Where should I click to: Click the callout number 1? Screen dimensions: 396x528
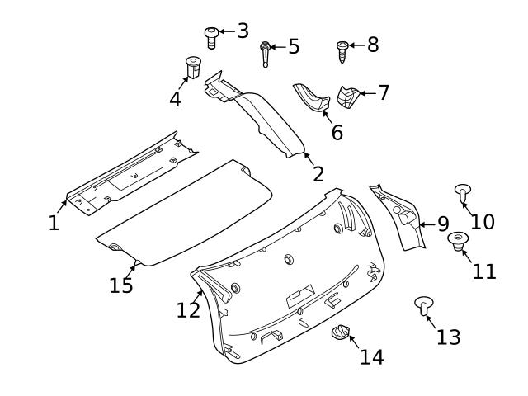click(x=54, y=223)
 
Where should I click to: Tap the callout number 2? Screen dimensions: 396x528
click(x=318, y=174)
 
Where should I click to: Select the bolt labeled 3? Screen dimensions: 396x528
click(x=211, y=36)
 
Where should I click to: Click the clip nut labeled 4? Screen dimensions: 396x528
click(x=193, y=66)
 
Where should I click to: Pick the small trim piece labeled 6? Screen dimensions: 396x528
click(x=313, y=97)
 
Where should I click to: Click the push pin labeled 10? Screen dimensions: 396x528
click(x=463, y=194)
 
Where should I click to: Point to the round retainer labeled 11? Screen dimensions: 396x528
click(x=458, y=241)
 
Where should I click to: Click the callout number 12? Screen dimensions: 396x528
click(x=188, y=309)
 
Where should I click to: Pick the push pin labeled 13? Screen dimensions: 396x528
click(x=423, y=308)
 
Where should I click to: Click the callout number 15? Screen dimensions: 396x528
click(x=121, y=285)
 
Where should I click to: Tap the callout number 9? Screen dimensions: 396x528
click(x=442, y=224)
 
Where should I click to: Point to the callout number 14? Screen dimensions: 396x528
click(x=371, y=356)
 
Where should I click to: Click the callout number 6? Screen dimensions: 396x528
click(x=337, y=131)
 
